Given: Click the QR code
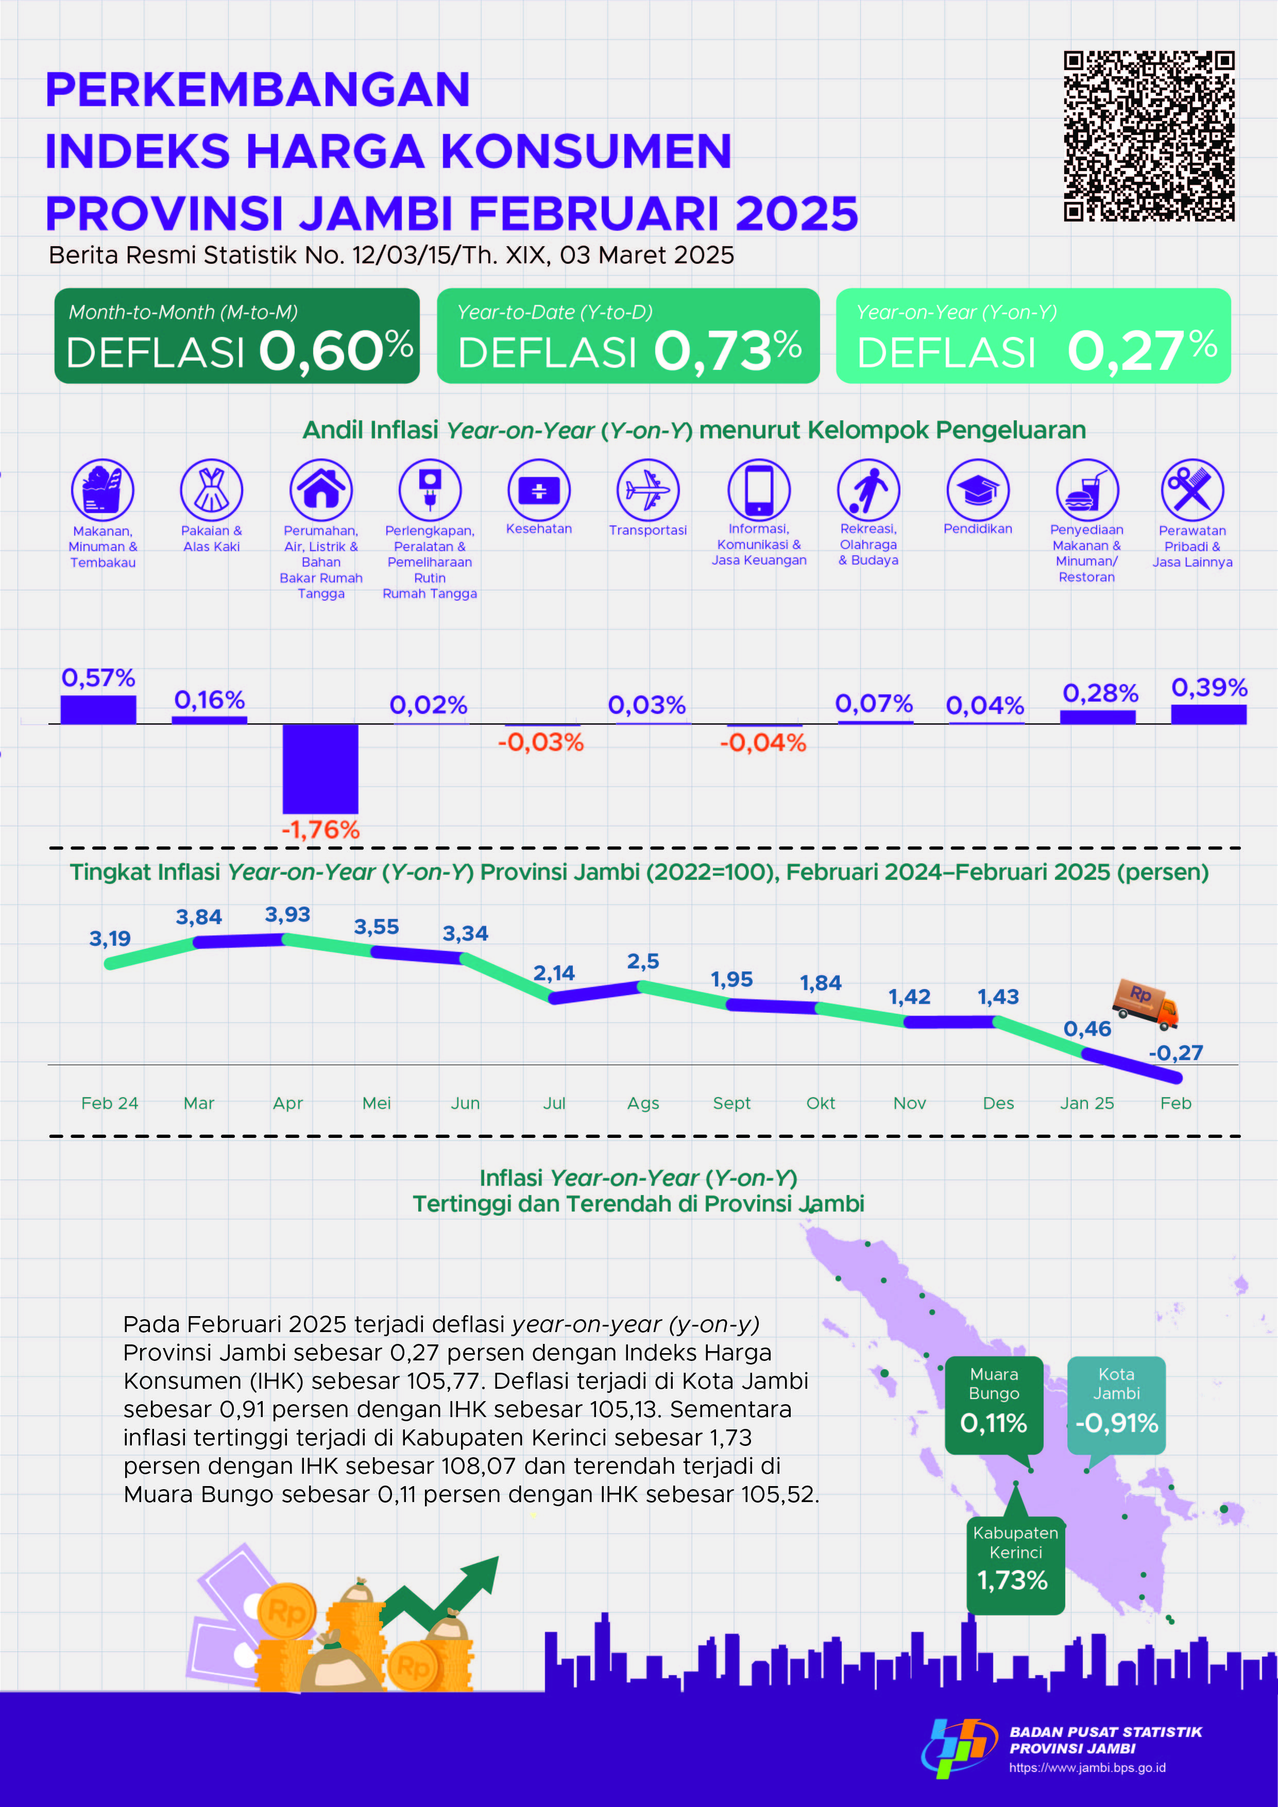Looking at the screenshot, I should point(1149,136).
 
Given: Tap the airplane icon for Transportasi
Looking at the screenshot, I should point(647,489).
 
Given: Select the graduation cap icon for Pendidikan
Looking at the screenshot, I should point(977,489).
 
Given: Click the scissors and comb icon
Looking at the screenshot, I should point(1191,489).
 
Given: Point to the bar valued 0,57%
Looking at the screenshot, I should point(98,709).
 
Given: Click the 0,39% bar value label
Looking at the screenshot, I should point(1209,688).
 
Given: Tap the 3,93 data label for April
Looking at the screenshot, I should point(287,914).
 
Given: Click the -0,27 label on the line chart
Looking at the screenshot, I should point(1175,1053).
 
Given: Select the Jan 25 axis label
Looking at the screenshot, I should point(1087,1103).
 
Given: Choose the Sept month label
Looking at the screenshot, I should point(732,1103).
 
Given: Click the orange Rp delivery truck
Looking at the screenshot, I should point(1146,1003).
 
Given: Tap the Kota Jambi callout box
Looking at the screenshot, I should point(1116,1405).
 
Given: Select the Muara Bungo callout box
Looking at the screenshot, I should point(994,1405).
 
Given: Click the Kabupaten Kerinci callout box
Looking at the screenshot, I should point(1015,1564).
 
